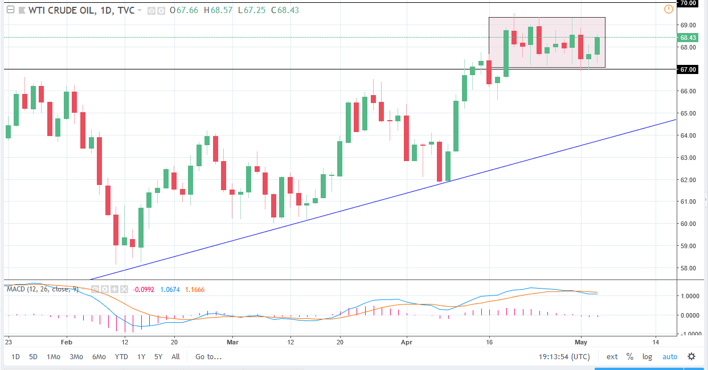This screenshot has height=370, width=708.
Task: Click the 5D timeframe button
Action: tap(34, 357)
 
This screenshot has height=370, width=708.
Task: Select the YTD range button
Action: tap(121, 357)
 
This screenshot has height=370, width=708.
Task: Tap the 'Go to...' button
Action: tap(208, 357)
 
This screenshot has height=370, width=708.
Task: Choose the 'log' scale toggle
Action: tap(647, 357)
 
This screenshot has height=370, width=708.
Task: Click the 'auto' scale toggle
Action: tap(669, 357)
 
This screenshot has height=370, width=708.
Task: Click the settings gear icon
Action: tap(691, 357)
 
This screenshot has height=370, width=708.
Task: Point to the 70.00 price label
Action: tap(688, 3)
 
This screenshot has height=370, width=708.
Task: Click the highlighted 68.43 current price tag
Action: tap(688, 38)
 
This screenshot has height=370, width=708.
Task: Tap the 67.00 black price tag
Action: tap(688, 69)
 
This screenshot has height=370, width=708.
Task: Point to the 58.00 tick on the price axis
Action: tap(688, 268)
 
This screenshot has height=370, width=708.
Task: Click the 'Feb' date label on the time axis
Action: tap(67, 342)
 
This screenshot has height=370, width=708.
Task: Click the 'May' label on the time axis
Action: tap(581, 342)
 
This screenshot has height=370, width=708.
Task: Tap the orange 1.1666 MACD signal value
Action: tap(194, 289)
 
